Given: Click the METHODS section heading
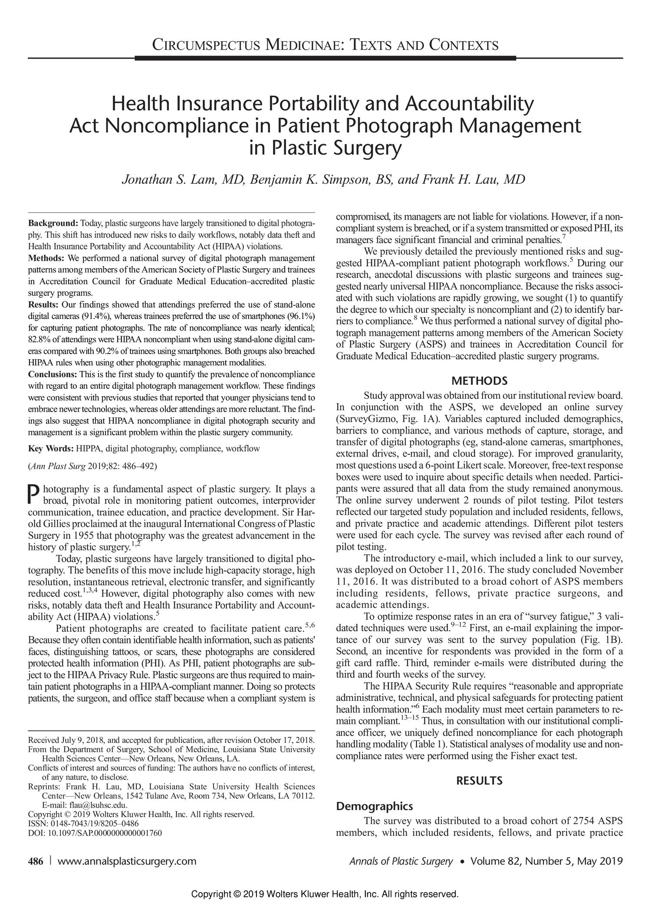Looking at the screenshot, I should click(479, 381).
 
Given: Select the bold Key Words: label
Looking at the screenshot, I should click(51, 448).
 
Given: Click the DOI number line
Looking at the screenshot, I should click(95, 833).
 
